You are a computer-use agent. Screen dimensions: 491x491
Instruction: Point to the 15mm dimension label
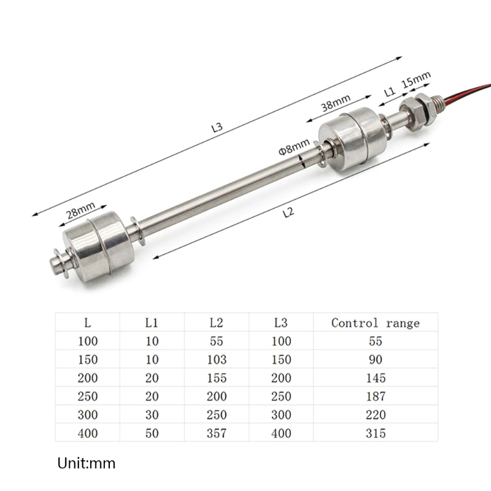pos(416,80)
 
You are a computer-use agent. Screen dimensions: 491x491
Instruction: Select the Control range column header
pos(376,323)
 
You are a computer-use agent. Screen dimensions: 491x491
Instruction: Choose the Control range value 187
pos(376,396)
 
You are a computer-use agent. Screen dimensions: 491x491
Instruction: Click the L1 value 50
pos(152,433)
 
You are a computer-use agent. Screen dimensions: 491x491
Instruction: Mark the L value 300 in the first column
pos(88,415)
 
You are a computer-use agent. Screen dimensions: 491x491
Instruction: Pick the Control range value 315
pos(376,433)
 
